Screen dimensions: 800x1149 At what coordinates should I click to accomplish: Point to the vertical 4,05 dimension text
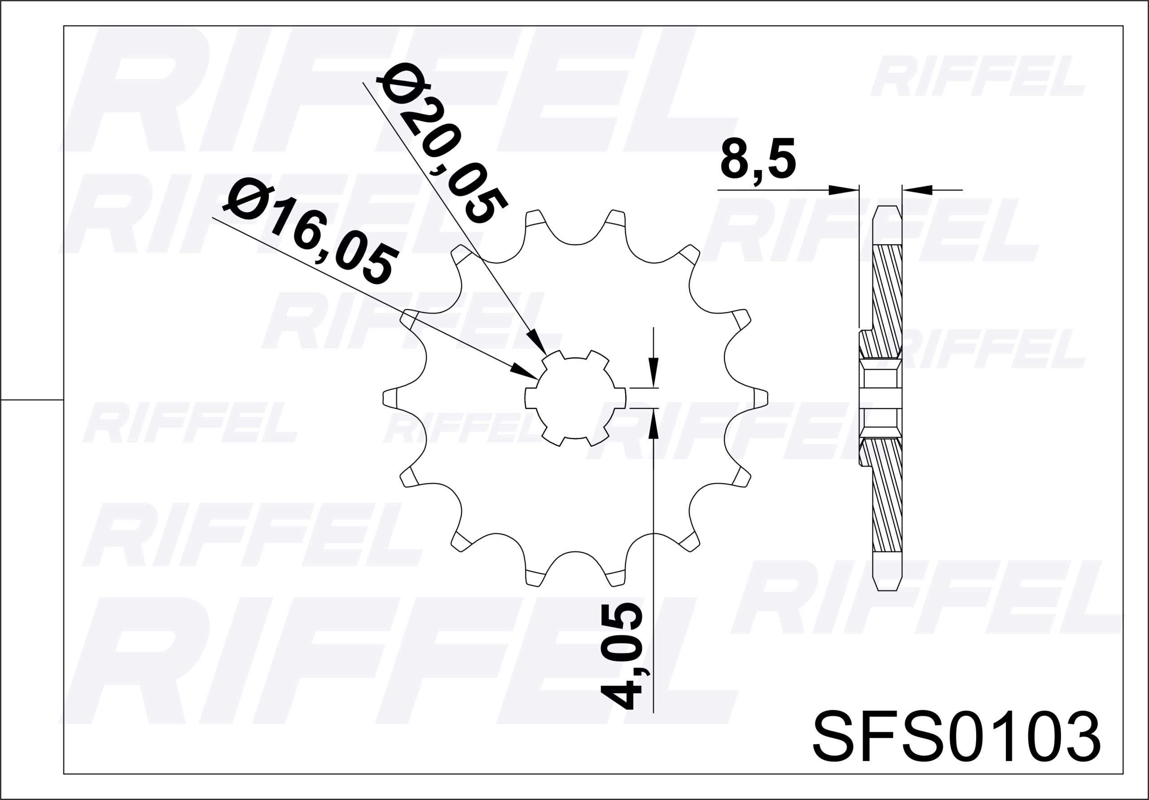pyautogui.click(x=622, y=656)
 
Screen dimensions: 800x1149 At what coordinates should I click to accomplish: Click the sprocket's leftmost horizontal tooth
pyautogui.click(x=390, y=398)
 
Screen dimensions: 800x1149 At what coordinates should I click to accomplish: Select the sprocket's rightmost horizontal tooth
pyautogui.click(x=761, y=398)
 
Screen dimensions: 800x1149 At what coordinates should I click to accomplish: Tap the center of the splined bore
pyautogui.click(x=575, y=398)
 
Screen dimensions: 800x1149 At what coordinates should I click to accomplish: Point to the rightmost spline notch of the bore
pyautogui.click(x=621, y=398)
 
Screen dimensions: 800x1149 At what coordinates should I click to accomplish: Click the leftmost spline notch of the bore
pyautogui.click(x=530, y=398)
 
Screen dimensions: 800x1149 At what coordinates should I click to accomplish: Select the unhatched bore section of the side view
pyautogui.click(x=880, y=398)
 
